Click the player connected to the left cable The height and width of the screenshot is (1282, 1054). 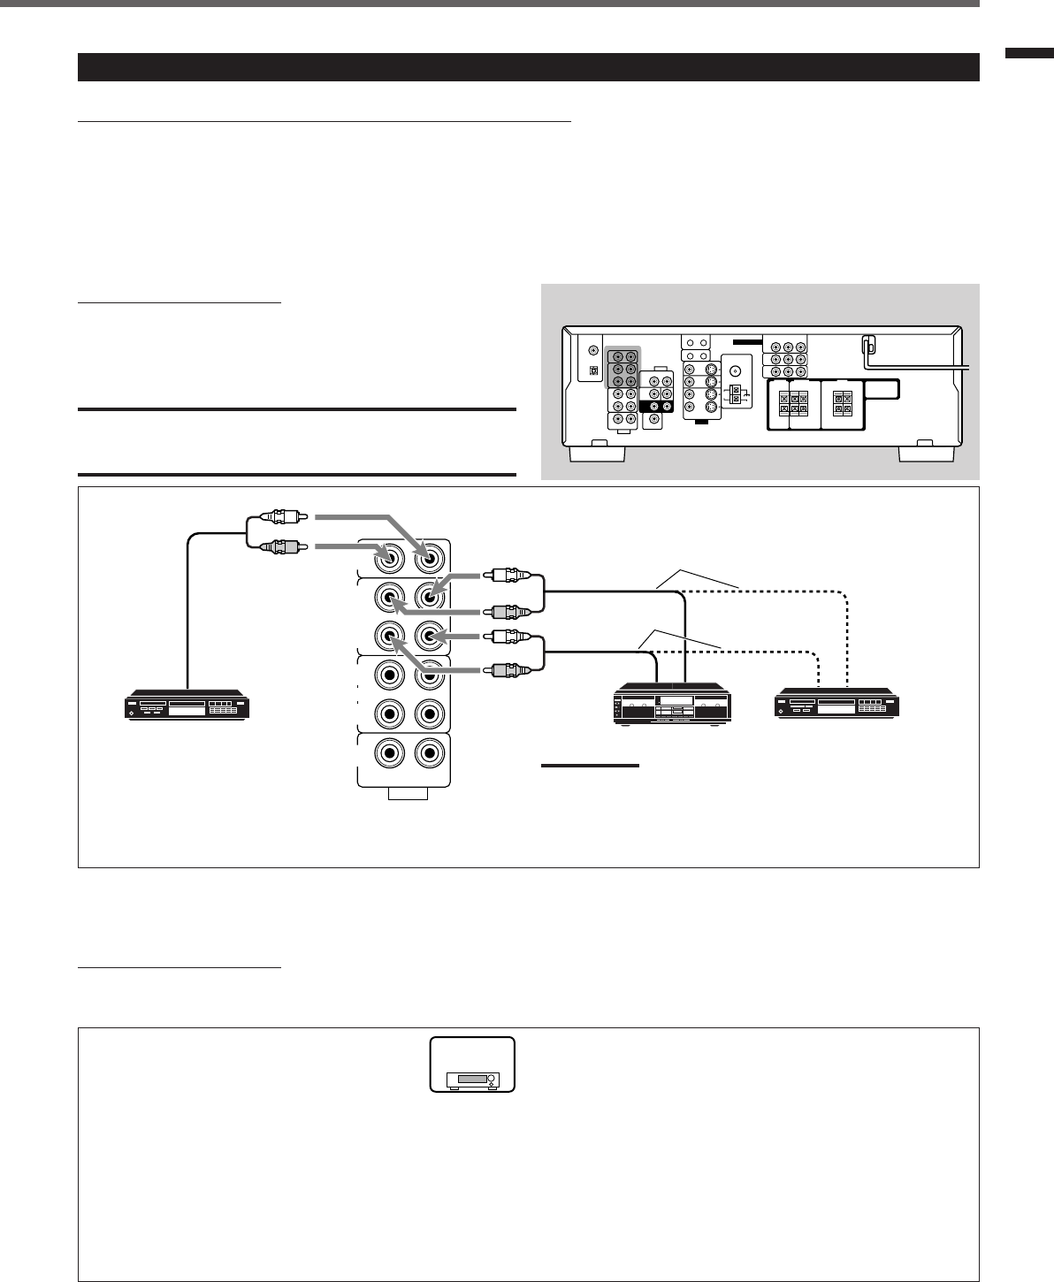click(188, 708)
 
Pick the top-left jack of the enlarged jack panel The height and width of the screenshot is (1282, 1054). click(387, 557)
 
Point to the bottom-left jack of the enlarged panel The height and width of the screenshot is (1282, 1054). click(387, 753)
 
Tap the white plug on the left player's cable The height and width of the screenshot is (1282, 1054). click(279, 517)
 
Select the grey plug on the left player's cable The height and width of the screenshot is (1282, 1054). click(279, 546)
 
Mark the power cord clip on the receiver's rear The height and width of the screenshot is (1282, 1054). click(869, 347)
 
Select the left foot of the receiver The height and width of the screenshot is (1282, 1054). click(597, 452)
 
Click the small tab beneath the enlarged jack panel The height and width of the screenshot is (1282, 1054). click(408, 794)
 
